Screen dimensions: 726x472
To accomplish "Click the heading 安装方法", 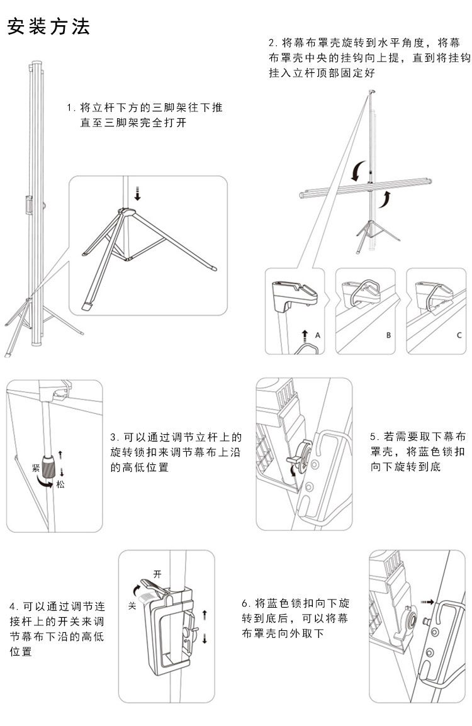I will (x=48, y=27).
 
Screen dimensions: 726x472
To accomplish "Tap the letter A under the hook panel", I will (x=318, y=335).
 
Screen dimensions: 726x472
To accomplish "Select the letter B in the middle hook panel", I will (x=388, y=335).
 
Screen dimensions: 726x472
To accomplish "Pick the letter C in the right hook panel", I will (x=459, y=335).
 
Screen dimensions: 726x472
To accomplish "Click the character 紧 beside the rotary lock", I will (x=36, y=469).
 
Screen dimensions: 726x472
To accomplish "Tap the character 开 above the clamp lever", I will (x=157, y=574).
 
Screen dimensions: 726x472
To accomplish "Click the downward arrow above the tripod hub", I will (x=138, y=193).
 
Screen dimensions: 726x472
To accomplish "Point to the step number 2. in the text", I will (x=273, y=43).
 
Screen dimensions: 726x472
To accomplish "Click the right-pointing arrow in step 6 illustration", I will (x=428, y=602).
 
